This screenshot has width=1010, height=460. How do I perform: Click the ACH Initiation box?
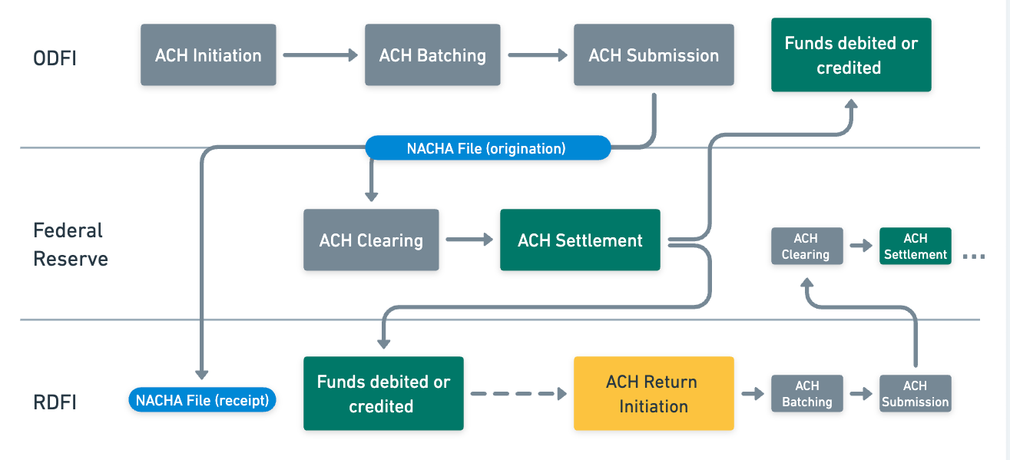pos(208,55)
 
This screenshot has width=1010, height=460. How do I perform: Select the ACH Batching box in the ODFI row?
pos(432,55)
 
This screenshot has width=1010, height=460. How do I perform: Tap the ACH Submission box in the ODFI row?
pos(654,55)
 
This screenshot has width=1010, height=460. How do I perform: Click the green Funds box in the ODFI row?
pos(851,55)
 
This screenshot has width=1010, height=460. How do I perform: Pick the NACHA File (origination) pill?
pos(488,148)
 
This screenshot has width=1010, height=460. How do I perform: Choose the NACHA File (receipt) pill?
pos(202,399)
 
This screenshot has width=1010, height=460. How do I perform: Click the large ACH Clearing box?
pos(371,240)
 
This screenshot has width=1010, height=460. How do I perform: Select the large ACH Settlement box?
pos(580,240)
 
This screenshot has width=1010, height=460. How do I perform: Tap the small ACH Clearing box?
pos(806,247)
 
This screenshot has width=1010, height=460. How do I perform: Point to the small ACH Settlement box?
pos(916,247)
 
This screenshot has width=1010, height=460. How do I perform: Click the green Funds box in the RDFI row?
pos(383,393)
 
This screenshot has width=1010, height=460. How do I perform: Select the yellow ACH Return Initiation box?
pos(654,393)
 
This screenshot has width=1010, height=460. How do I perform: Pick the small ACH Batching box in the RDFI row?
pos(806,394)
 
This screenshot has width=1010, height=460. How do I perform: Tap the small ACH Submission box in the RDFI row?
pos(916,394)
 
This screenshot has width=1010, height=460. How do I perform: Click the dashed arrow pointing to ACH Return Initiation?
pos(518,393)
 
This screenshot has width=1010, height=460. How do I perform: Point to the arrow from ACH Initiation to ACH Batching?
pos(320,55)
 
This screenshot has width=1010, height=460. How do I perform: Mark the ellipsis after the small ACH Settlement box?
pos(974,257)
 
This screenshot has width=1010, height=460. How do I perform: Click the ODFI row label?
pos(55,58)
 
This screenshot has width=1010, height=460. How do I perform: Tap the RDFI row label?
pos(55,402)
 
